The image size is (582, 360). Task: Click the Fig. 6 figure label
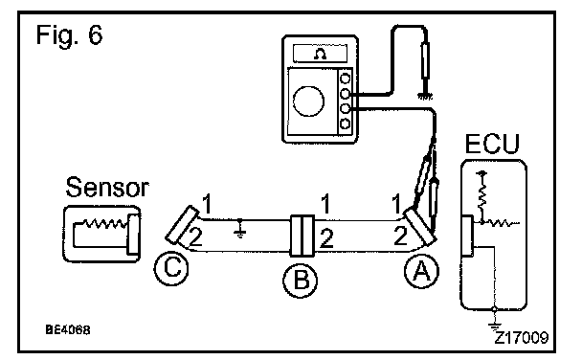tap(69, 34)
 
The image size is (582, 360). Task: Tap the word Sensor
tap(107, 187)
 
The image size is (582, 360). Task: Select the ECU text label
tap(492, 144)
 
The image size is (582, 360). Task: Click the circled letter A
tap(421, 271)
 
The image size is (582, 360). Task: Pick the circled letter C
tap(171, 268)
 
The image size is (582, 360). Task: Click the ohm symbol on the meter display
tap(320, 55)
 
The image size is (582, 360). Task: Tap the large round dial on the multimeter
tap(308, 101)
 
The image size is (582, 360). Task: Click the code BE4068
tap(68, 329)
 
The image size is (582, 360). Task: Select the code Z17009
tap(522, 338)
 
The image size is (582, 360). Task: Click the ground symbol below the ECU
tap(494, 326)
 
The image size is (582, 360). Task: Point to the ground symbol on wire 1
tap(240, 230)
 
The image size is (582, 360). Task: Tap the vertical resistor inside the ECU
tap(482, 195)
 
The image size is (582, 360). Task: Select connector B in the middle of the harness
tap(302, 236)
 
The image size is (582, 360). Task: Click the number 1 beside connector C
tap(207, 204)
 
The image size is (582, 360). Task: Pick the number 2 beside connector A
tap(400, 236)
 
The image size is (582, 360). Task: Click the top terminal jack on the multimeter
tap(346, 79)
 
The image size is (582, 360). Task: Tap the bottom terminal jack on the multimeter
tap(346, 124)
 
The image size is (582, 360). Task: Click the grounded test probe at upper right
tap(426, 63)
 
